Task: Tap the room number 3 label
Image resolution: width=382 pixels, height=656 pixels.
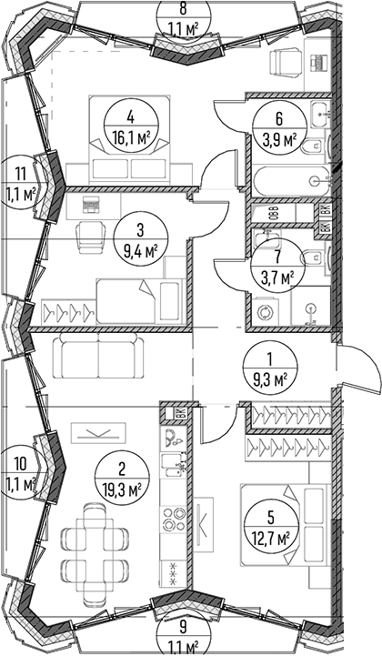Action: pos(140,229)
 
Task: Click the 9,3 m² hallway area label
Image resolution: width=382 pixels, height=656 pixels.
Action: pos(270,380)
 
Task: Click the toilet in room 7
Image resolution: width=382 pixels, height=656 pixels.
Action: pos(314,256)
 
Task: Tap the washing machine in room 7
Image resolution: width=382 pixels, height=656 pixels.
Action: pos(265,312)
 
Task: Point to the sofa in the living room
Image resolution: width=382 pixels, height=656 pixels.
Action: pos(99,359)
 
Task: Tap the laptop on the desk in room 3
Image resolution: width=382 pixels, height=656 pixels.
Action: pos(89,205)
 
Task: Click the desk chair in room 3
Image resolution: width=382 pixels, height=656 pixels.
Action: pos(89,237)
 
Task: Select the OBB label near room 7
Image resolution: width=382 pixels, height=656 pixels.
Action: pos(273,214)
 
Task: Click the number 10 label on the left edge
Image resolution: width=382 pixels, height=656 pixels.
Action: pos(20,463)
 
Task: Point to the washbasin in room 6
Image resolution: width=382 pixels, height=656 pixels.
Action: pos(320,114)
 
